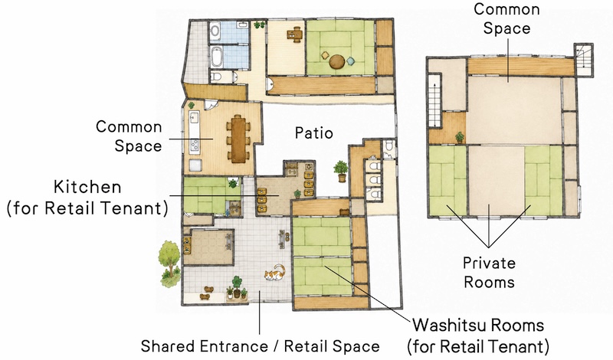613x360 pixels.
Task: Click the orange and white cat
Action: [274, 273]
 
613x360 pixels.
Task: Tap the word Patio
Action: [314, 133]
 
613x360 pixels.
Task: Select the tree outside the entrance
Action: [169, 263]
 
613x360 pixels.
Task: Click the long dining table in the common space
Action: [238, 139]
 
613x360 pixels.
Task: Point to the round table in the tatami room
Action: [336, 62]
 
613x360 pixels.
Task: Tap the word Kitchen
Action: [87, 187]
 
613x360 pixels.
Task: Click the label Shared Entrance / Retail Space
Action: [260, 346]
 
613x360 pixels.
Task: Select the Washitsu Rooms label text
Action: [478, 335]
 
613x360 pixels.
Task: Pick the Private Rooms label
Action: [489, 273]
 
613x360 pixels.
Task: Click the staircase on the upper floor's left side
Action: [434, 100]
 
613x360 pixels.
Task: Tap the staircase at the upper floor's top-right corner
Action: [583, 60]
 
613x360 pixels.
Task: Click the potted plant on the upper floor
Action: [460, 137]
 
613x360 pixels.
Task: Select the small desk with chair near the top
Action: [295, 34]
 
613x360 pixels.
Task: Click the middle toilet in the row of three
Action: [374, 180]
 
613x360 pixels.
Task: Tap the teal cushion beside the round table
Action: [351, 61]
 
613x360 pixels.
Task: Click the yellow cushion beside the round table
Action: [325, 55]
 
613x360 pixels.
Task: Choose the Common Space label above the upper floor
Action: [506, 18]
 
